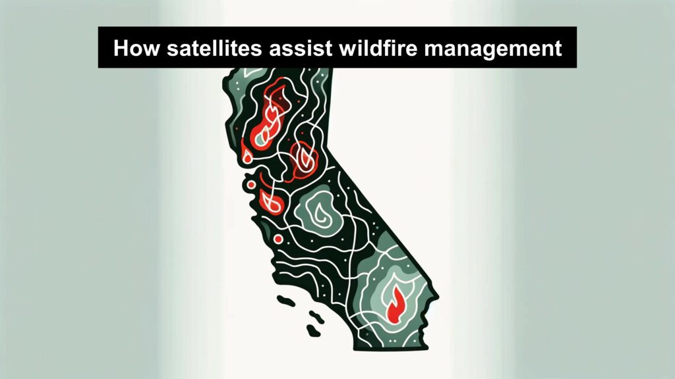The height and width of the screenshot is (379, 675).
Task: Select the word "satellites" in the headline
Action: coord(214,47)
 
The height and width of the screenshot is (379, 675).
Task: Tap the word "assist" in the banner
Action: coord(300,47)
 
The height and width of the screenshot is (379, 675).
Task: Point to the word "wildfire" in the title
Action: coord(378,47)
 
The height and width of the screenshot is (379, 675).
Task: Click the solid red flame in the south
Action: coord(396,304)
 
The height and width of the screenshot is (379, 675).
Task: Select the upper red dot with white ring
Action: coord(251,185)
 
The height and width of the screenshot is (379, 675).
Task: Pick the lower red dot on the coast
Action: coord(278,239)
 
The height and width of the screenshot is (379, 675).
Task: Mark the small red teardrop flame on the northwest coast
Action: coord(247,155)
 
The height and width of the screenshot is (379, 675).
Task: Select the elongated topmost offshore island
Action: coord(286,300)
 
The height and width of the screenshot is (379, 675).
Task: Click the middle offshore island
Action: coord(317,317)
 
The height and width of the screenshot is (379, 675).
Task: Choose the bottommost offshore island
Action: coord(313,331)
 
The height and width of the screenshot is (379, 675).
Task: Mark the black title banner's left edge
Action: coord(99,47)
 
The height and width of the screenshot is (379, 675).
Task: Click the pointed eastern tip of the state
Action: coord(438,296)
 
